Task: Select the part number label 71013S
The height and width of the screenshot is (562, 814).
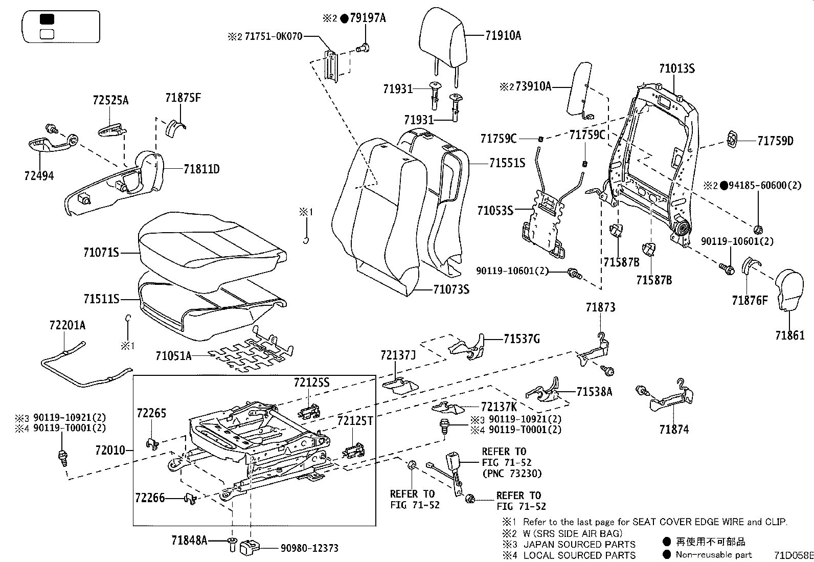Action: [x=676, y=69]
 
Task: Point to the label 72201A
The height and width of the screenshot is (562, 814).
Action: [x=67, y=325]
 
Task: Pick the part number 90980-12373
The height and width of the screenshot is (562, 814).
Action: [x=309, y=548]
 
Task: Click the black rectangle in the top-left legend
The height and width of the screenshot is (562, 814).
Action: [x=47, y=19]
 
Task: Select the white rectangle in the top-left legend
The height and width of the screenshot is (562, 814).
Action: [x=47, y=34]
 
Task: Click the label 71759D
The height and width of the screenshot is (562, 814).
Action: [x=775, y=141]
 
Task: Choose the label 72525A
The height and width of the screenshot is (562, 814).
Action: [x=110, y=100]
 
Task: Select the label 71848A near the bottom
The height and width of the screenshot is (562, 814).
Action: [x=189, y=540]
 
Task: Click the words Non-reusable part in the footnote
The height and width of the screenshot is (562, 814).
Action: [x=713, y=555]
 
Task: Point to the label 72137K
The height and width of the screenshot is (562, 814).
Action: [x=499, y=407]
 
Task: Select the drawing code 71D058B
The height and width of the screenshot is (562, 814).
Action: [x=793, y=555]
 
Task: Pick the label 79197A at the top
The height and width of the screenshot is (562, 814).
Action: [x=368, y=18]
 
